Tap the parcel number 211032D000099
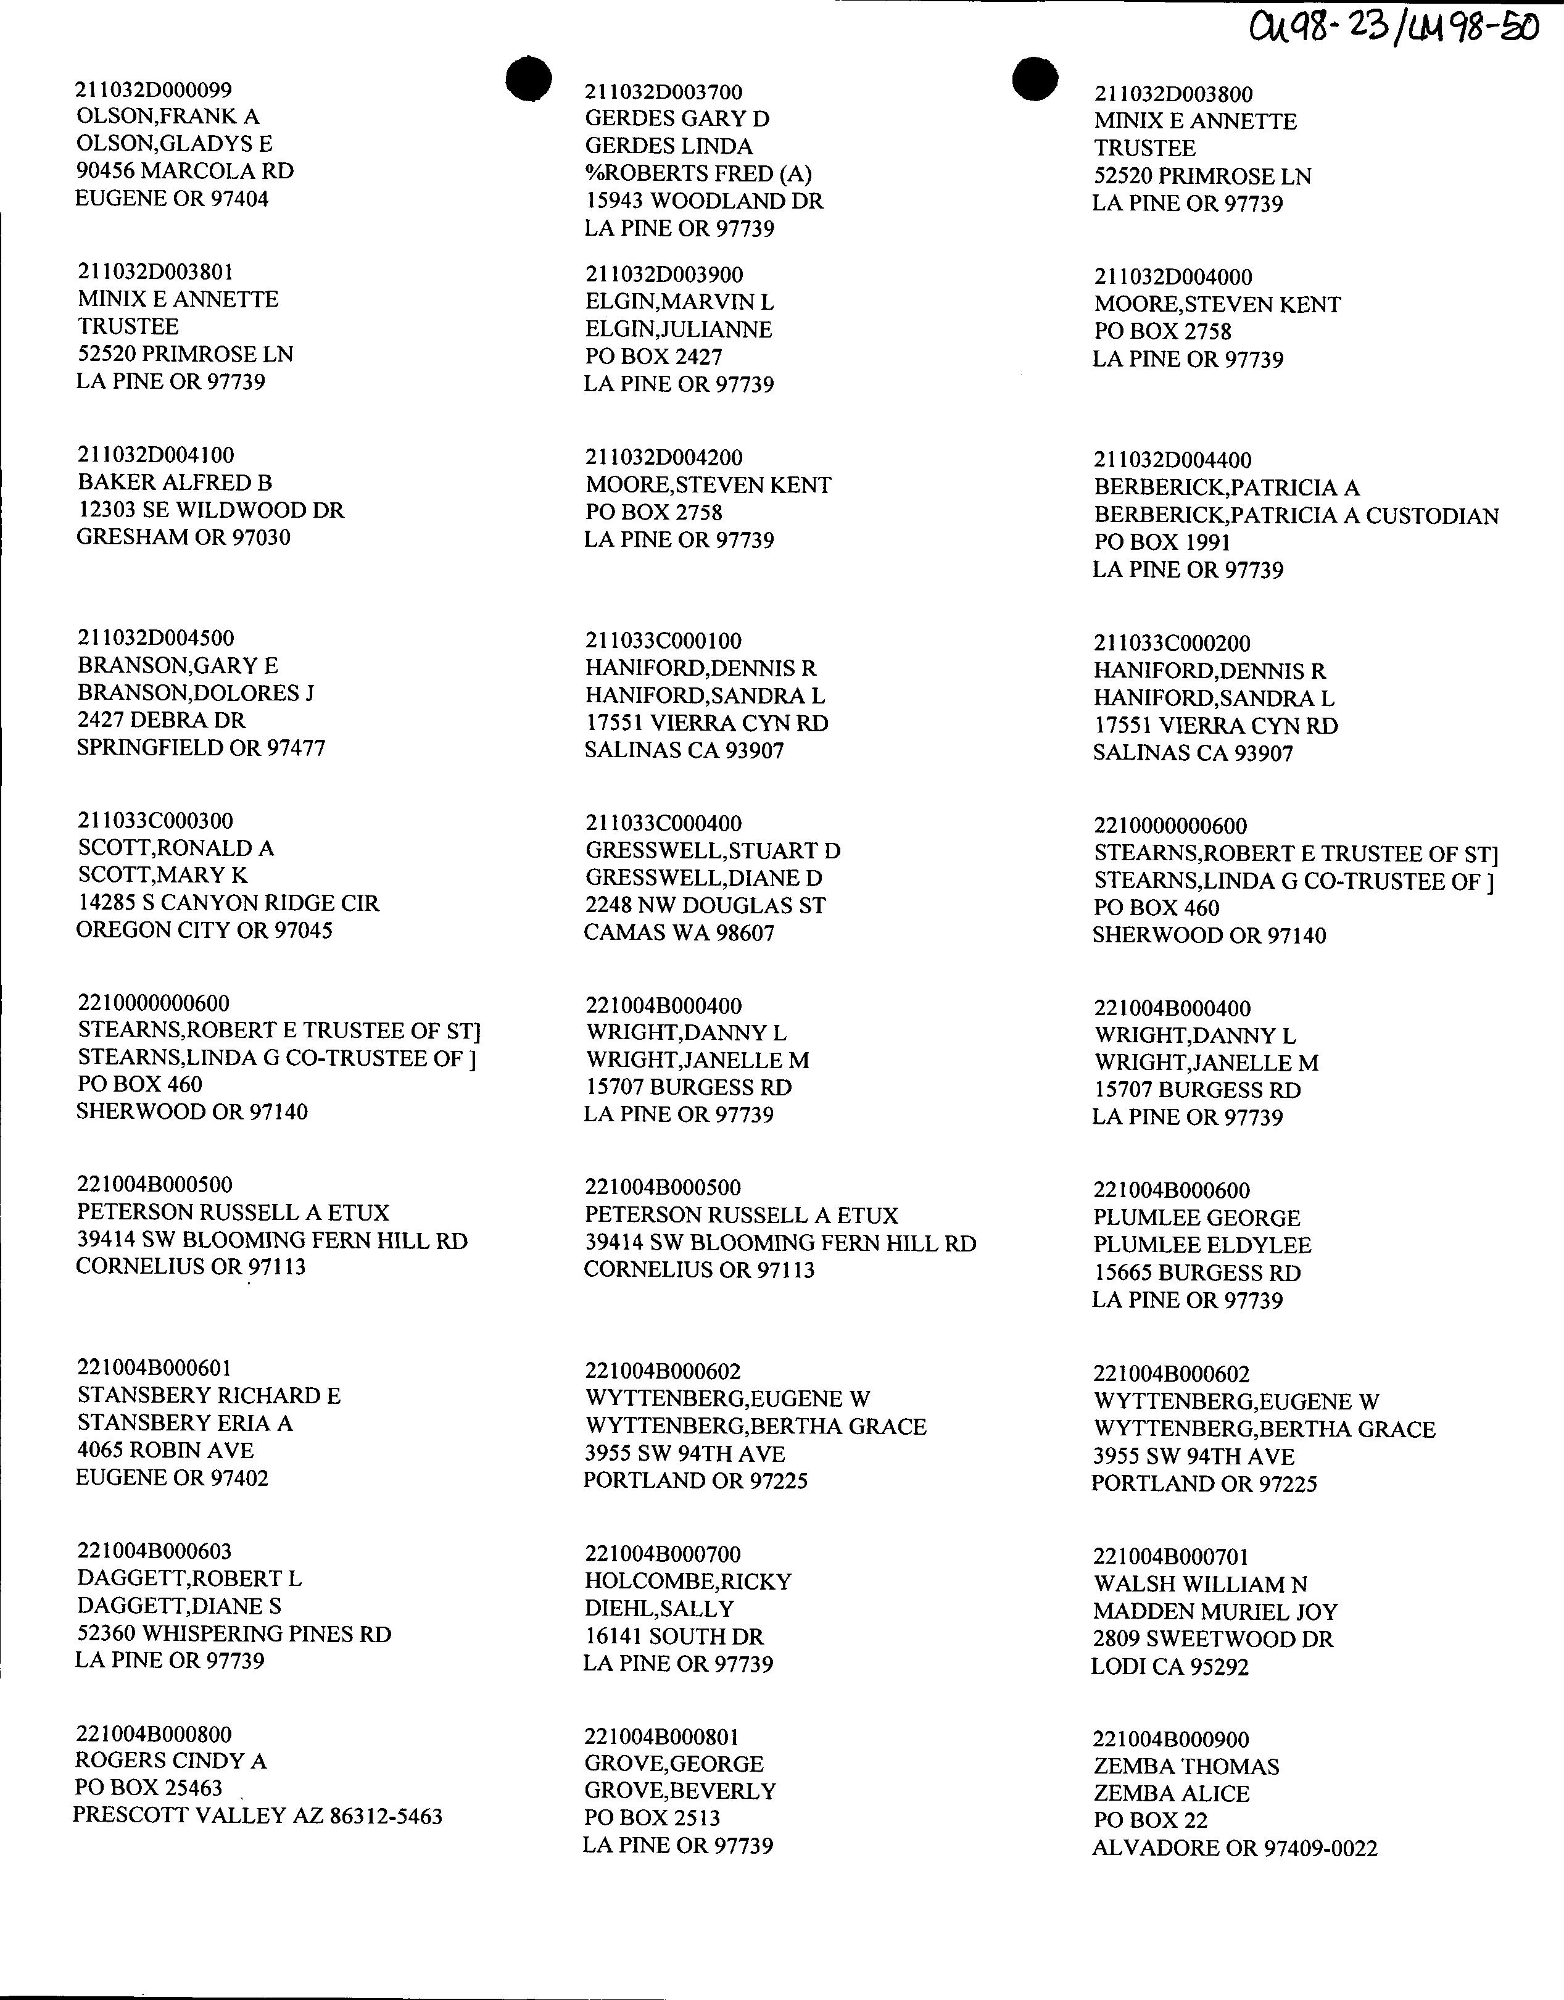(154, 89)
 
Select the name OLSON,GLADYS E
(174, 144)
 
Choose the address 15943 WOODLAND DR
(704, 201)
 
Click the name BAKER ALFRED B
(175, 483)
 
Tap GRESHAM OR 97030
(183, 537)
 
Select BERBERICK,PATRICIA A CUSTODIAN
(1296, 515)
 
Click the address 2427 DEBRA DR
(161, 721)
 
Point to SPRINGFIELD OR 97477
(201, 747)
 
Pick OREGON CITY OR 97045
(204, 931)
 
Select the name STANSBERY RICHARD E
(209, 1396)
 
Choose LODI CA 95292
(1169, 1667)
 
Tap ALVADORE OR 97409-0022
(1235, 1848)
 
